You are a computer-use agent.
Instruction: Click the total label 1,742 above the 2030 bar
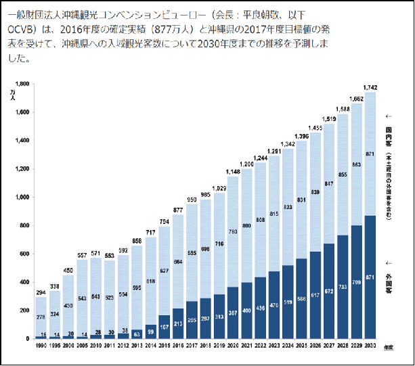click(x=370, y=87)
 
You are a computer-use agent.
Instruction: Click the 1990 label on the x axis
click(x=41, y=346)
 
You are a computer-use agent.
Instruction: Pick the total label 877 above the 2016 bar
click(x=178, y=210)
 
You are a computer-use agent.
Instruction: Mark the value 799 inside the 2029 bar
click(x=357, y=281)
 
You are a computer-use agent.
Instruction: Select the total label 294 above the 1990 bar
click(x=41, y=293)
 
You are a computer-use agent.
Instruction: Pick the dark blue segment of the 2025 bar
click(x=301, y=308)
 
